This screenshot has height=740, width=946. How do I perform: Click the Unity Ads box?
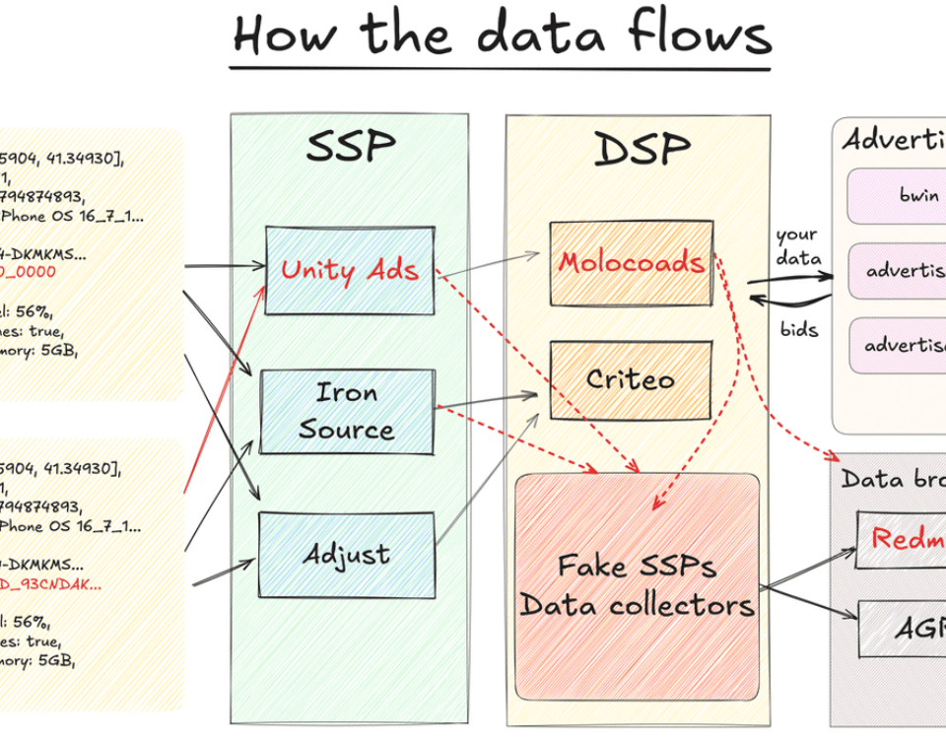(x=349, y=270)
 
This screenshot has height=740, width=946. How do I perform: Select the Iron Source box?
(x=346, y=411)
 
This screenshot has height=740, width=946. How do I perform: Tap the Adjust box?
(x=346, y=555)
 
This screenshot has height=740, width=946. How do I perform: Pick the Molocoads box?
(x=631, y=263)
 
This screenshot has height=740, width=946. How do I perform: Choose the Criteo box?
(x=630, y=380)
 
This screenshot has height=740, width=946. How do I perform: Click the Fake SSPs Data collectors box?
(x=638, y=585)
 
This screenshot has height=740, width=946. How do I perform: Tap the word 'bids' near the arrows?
(x=799, y=329)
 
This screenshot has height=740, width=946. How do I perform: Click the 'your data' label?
(x=798, y=246)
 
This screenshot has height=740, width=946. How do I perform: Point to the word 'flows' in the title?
(x=689, y=34)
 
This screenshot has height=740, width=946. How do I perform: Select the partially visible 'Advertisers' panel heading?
(x=893, y=139)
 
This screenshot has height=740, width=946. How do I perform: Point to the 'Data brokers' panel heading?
(x=893, y=479)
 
